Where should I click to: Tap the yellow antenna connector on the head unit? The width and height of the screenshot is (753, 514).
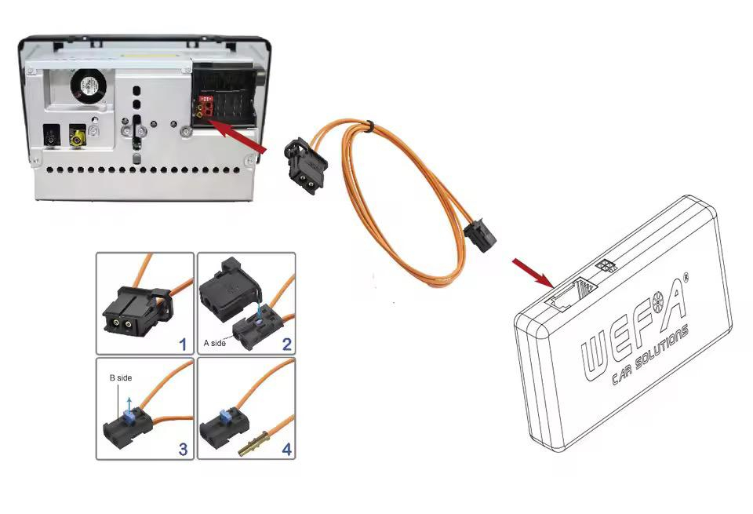[x=78, y=139]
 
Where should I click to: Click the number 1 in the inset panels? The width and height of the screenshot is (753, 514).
[x=183, y=342]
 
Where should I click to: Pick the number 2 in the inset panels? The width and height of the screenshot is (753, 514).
[x=286, y=342]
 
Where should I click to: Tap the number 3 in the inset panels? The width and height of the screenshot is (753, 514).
[x=183, y=449]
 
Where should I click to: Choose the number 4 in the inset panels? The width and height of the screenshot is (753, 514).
[x=286, y=449]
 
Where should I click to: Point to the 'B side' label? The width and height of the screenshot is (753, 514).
[x=121, y=377]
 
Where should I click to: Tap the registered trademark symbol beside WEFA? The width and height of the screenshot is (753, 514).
[x=685, y=277]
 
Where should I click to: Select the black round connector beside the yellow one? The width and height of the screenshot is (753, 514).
[x=52, y=137]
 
